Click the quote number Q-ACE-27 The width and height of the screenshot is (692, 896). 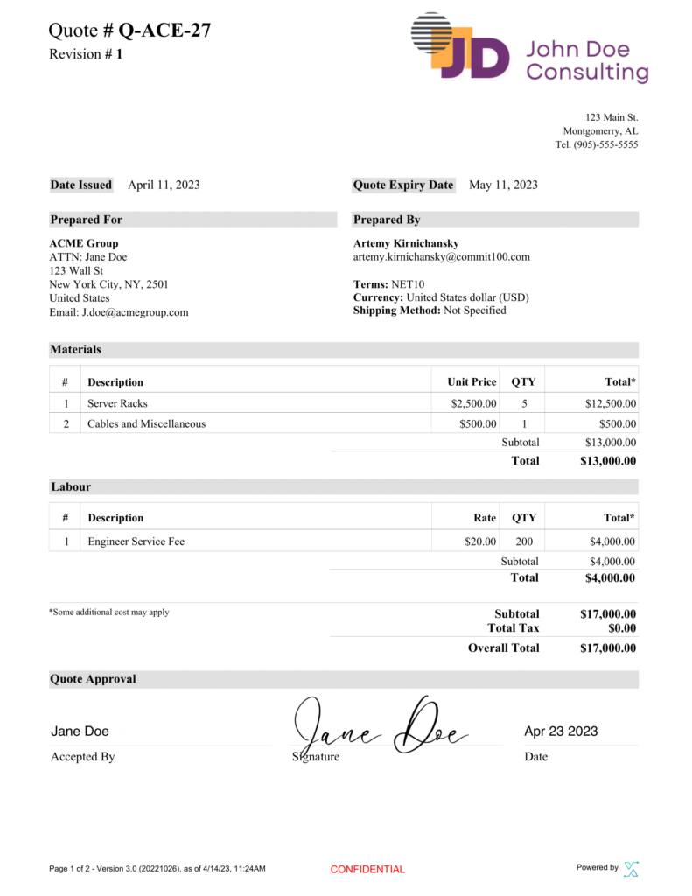point(164,31)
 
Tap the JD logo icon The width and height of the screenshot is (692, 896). point(460,47)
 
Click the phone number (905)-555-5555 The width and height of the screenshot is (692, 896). point(605,144)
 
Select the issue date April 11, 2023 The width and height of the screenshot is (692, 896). point(164,185)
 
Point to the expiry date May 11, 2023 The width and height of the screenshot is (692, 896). point(503,185)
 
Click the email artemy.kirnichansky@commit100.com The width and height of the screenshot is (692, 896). point(441,257)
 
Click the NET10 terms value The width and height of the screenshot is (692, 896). point(407,284)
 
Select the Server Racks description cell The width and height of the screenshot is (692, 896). point(117,403)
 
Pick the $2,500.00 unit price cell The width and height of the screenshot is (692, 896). point(473,403)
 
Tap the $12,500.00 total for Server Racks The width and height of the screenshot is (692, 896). point(610,403)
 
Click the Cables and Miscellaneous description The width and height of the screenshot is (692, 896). point(146,423)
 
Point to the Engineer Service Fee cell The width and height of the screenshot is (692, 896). point(136,542)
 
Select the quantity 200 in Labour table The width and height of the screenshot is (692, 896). point(524,542)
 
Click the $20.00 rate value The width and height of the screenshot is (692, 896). point(480,542)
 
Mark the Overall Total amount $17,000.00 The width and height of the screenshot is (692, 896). point(607,648)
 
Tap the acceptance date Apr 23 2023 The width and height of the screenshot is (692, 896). point(561,731)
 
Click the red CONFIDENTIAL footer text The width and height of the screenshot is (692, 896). point(367,869)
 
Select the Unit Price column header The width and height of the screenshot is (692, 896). point(472,382)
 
